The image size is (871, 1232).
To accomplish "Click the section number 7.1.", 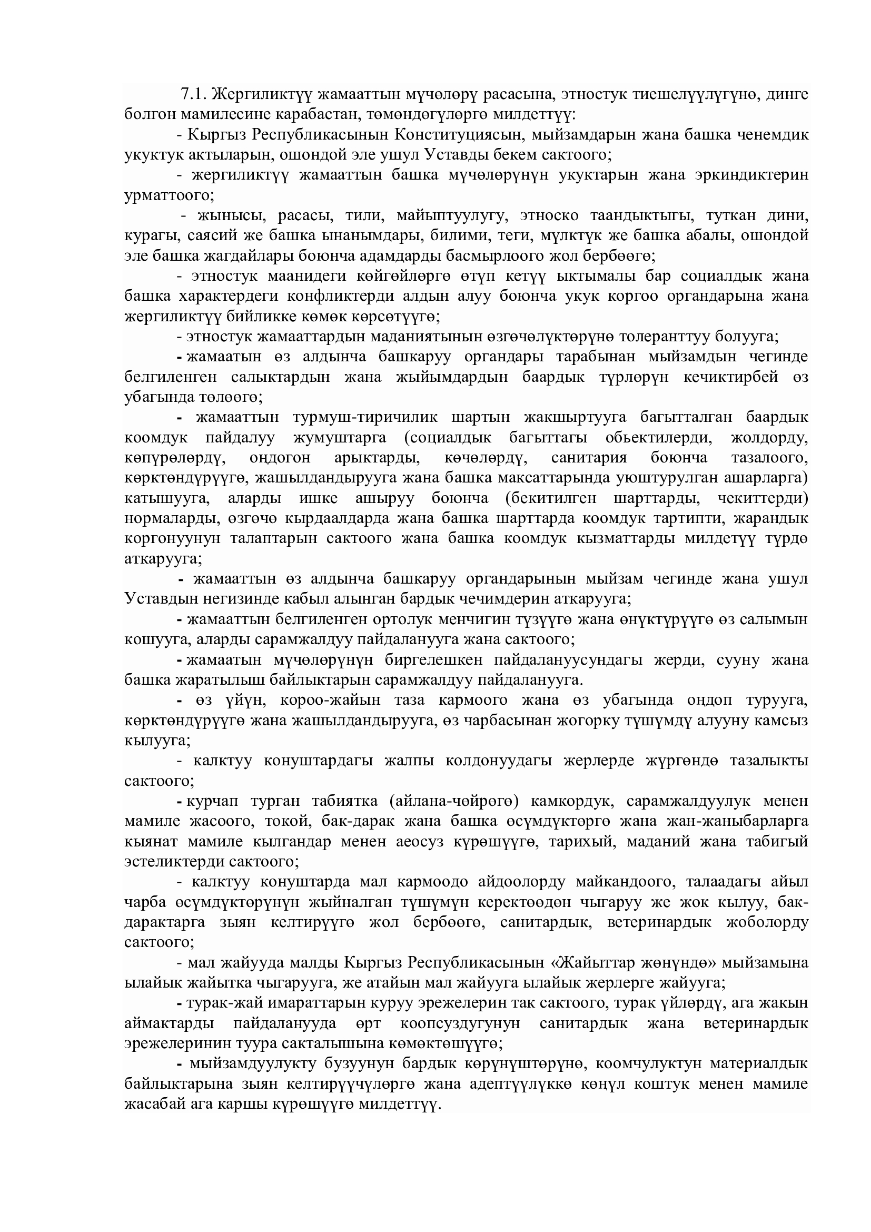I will tap(194, 94).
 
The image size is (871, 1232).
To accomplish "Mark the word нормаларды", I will tap(165, 519).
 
